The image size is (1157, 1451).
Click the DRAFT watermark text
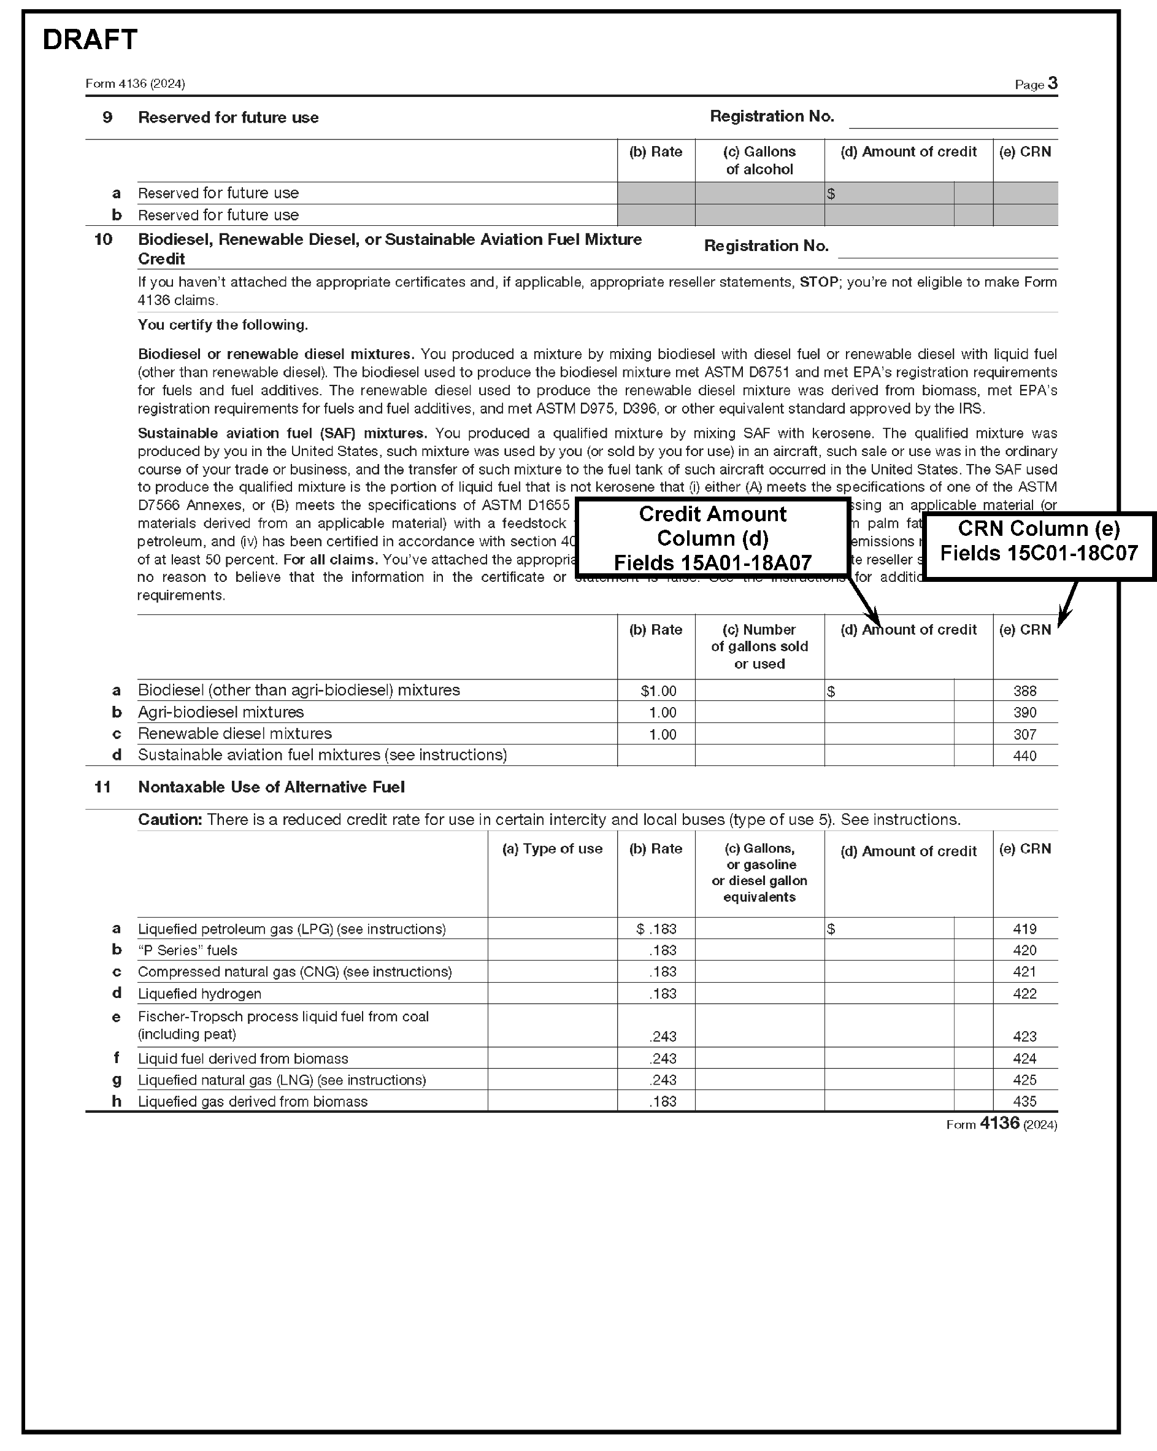[x=90, y=40]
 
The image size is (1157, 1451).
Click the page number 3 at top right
[x=1053, y=83]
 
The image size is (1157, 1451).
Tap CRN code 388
[x=1024, y=691]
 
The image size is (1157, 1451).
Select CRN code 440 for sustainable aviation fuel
[x=1024, y=756]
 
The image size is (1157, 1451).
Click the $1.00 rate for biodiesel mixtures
[x=658, y=691]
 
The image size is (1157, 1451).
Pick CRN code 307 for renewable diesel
[x=1024, y=734]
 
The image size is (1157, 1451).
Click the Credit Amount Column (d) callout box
[x=712, y=538]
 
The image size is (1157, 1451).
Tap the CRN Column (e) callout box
[x=1039, y=541]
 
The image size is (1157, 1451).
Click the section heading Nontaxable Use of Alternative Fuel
[x=271, y=787]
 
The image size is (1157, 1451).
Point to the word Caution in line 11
[x=169, y=820]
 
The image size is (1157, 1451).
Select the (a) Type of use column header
[x=552, y=849]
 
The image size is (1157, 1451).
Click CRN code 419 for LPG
[x=1024, y=929]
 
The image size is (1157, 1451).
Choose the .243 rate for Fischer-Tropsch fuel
[x=663, y=1037]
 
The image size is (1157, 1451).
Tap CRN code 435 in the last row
[x=1024, y=1102]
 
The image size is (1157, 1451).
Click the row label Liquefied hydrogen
[x=200, y=993]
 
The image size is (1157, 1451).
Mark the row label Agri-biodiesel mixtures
[x=221, y=712]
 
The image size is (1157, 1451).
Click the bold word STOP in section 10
[x=818, y=282]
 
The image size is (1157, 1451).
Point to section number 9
[x=107, y=118]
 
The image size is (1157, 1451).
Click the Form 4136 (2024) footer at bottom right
[x=1001, y=1124]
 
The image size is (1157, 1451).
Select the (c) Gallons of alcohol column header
[x=759, y=160]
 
